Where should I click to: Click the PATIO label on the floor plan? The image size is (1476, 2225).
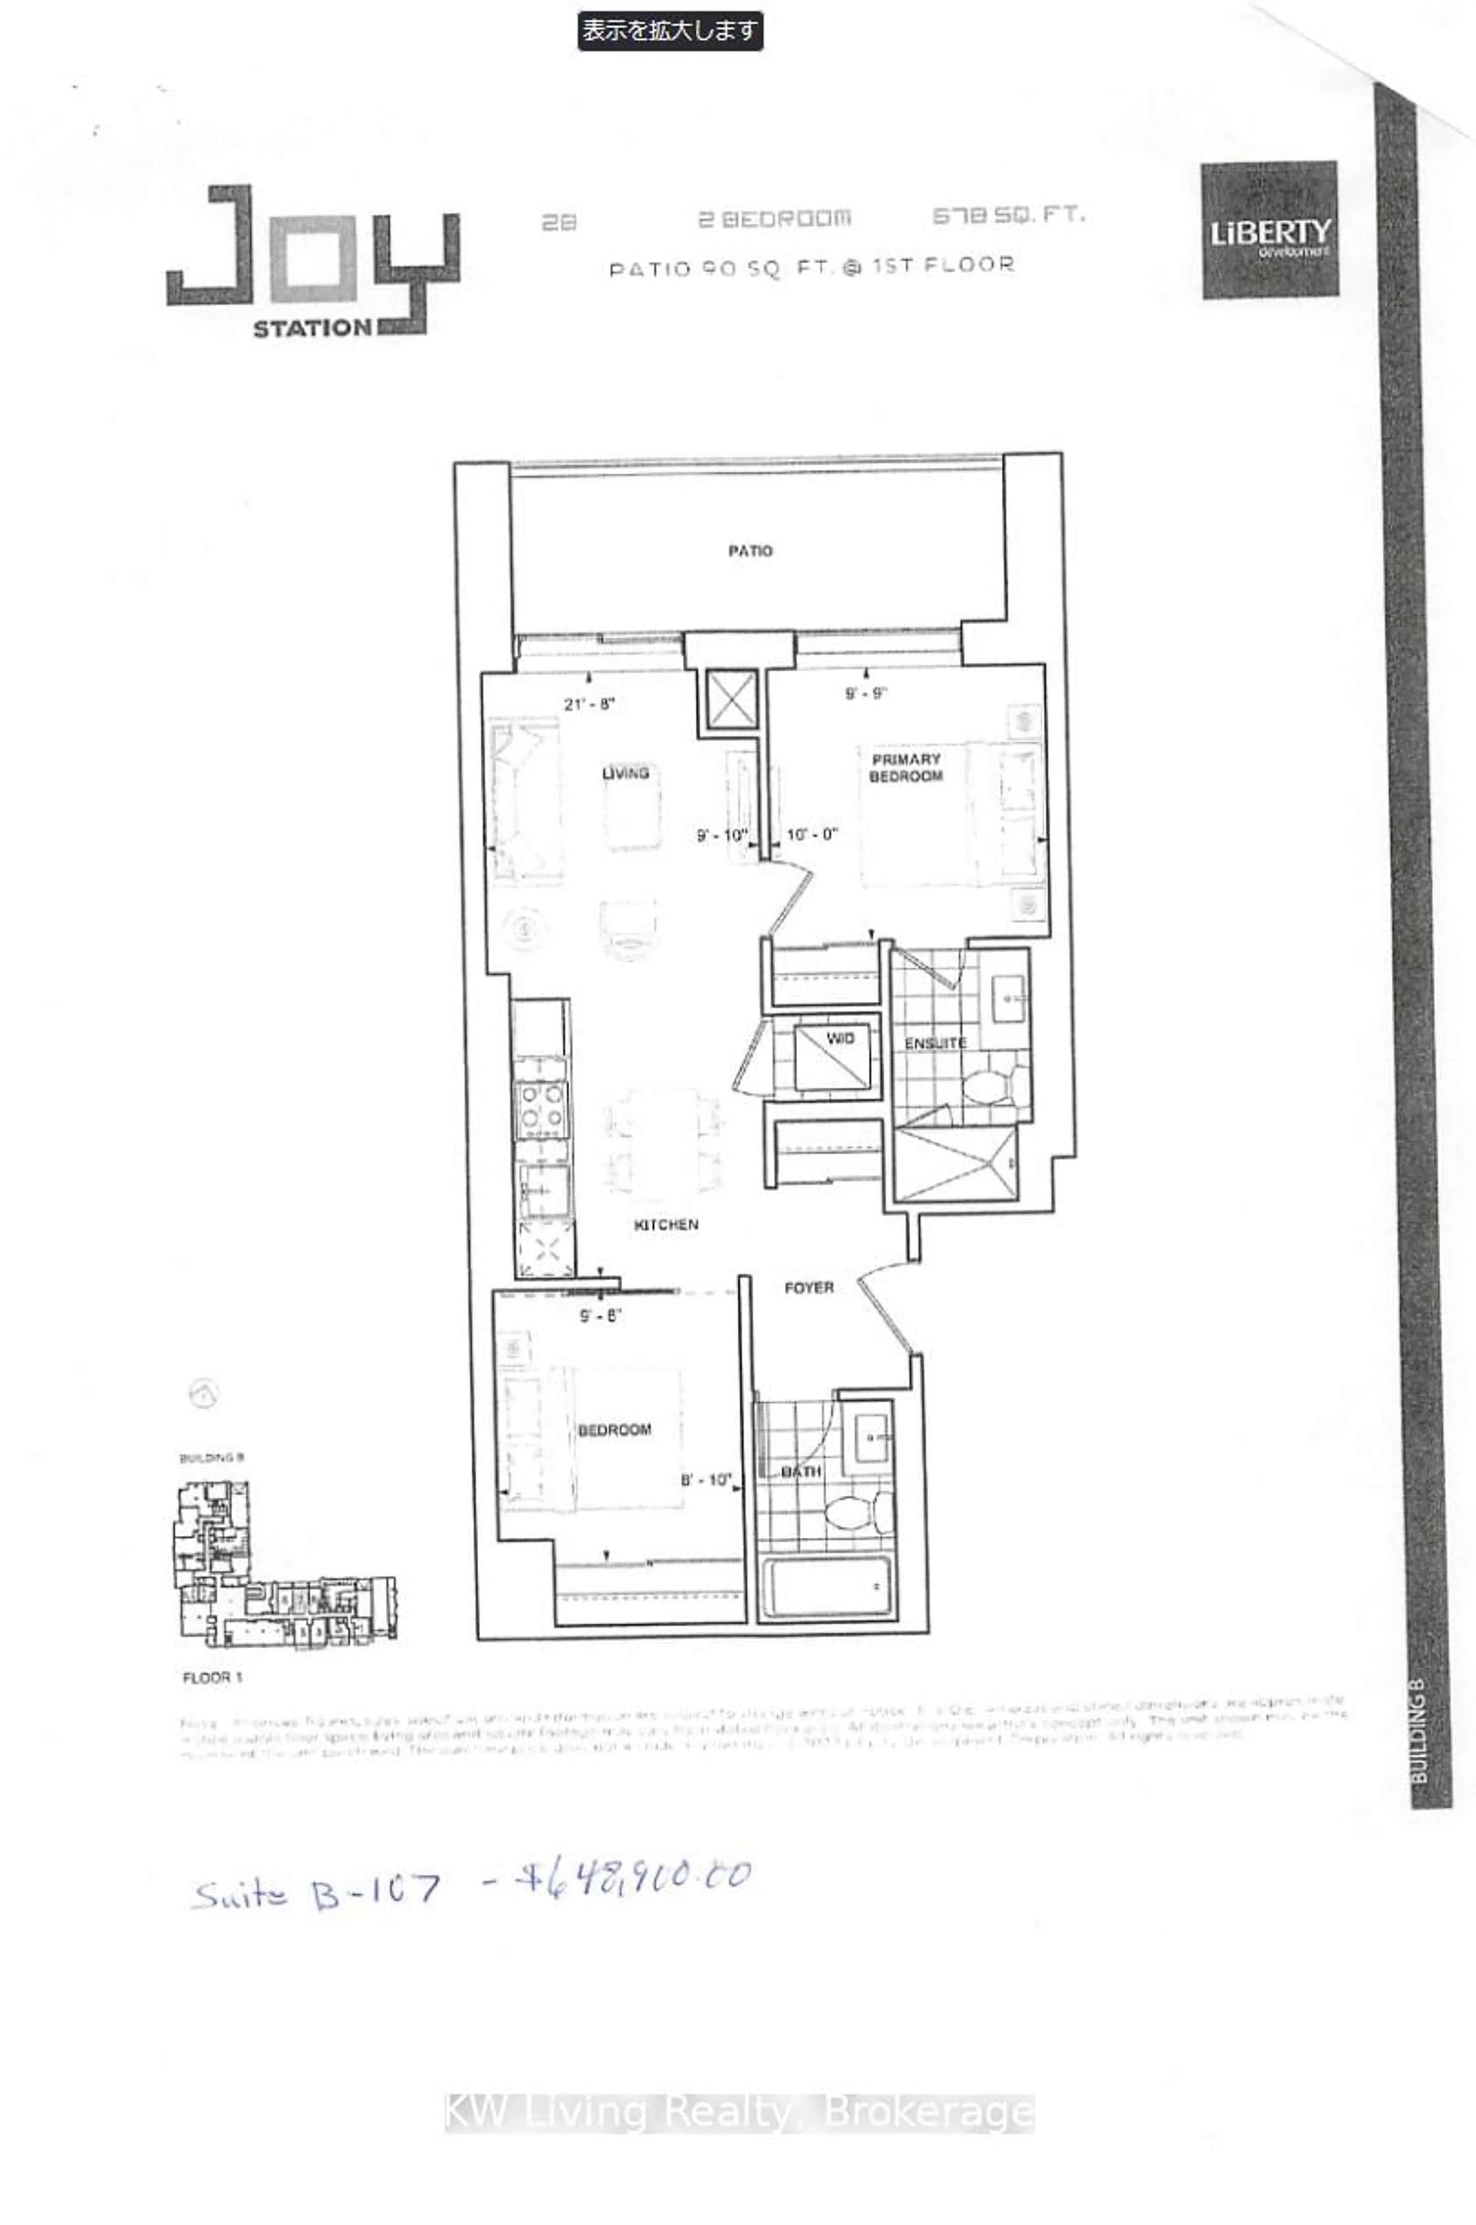click(x=750, y=550)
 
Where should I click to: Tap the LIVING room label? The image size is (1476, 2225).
click(x=625, y=773)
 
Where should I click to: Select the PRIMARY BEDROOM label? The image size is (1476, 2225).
click(x=906, y=768)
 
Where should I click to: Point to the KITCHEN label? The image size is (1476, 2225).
click(x=665, y=1224)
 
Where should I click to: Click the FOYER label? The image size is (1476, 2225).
click(x=809, y=1287)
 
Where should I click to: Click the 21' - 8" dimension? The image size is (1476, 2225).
click(x=589, y=704)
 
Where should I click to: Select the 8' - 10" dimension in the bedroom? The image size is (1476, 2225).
click(x=706, y=1480)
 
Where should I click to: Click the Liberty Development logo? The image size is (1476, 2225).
click(x=1269, y=231)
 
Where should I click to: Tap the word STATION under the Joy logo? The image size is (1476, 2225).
click(x=312, y=328)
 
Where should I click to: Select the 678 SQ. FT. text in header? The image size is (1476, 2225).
click(x=1008, y=216)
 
